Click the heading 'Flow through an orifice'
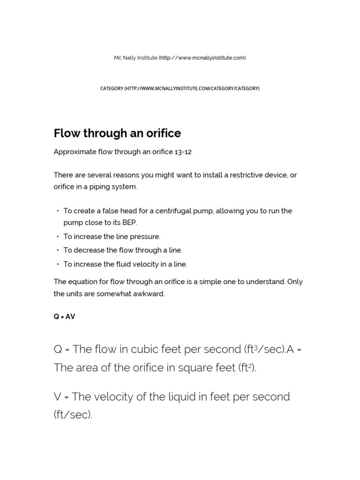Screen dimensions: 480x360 tap(117, 134)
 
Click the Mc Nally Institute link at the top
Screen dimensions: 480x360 tap(180, 58)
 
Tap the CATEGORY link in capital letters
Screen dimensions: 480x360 tap(180, 88)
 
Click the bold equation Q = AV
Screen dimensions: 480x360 tap(64, 317)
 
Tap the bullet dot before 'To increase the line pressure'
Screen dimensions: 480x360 tap(58, 237)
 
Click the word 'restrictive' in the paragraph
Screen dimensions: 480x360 tap(233, 175)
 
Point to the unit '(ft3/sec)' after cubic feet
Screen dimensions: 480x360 tap(264, 350)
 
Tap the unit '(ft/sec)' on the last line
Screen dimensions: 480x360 tap(73, 415)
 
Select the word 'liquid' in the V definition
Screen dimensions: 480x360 tap(191, 397)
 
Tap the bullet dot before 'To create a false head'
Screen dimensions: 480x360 tap(58, 211)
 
